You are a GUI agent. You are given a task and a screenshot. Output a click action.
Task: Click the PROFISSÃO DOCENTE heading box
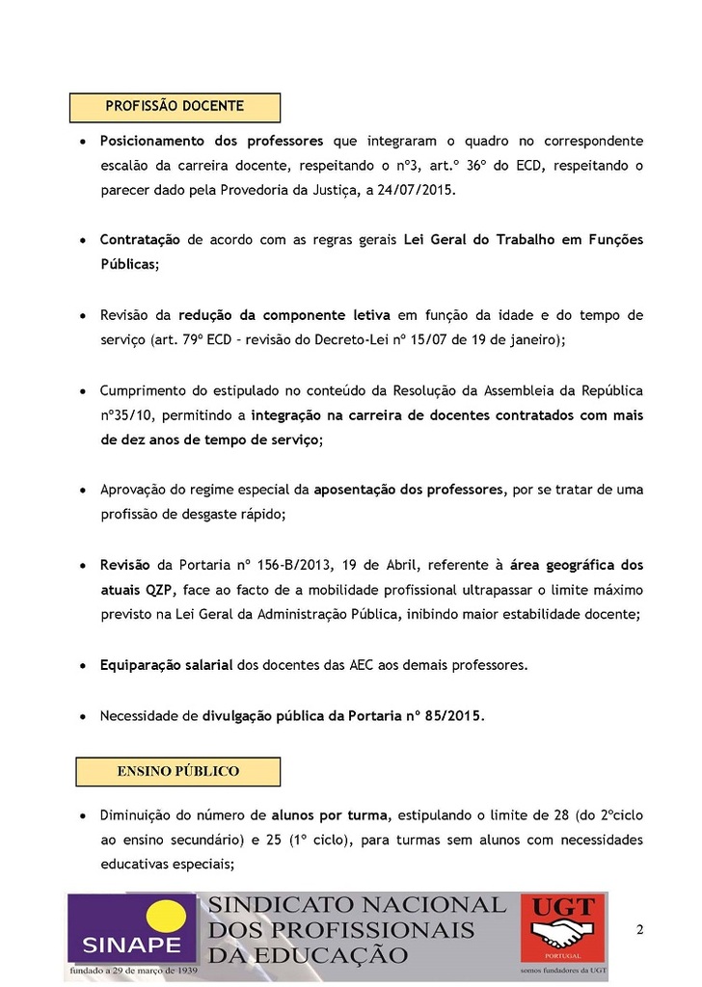click(175, 107)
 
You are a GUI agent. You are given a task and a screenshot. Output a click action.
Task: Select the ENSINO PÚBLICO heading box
click(177, 771)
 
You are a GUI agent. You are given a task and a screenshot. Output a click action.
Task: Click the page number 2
click(639, 929)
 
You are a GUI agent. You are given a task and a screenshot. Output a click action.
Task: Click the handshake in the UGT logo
click(564, 937)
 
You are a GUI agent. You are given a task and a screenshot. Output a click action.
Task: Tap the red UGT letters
click(563, 909)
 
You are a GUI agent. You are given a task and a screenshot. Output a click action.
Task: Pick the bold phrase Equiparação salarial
click(167, 665)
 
